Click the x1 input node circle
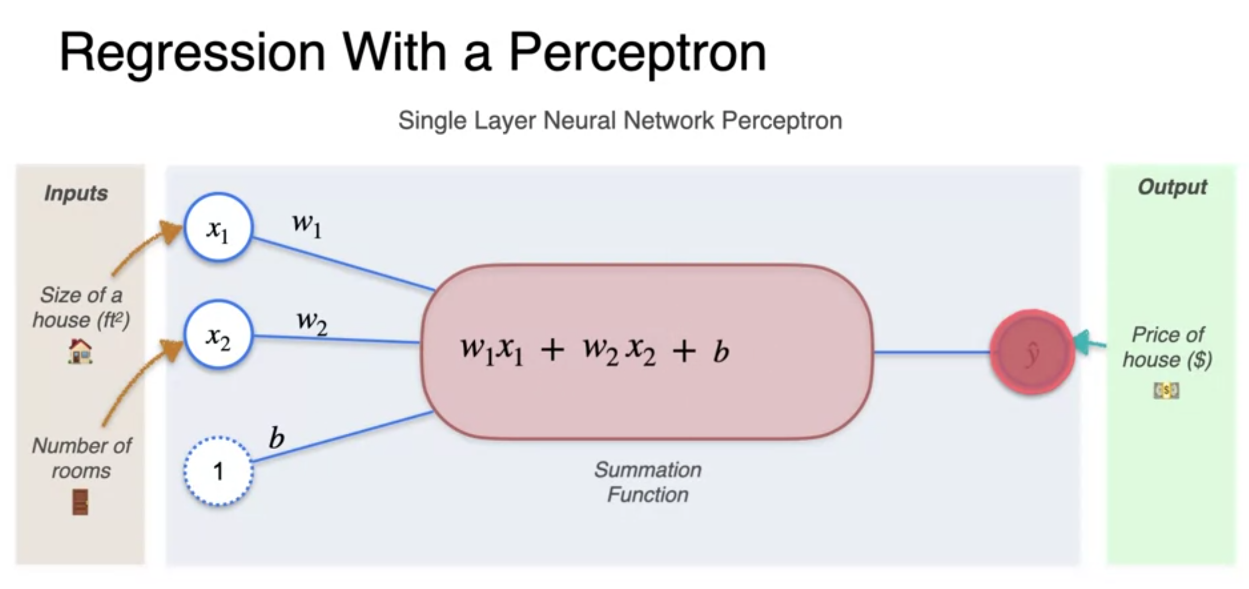[x=218, y=228]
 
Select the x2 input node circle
[x=218, y=335]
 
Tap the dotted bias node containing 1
[x=218, y=471]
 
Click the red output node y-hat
[x=1032, y=352]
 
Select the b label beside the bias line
[x=276, y=438]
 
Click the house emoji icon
[x=80, y=351]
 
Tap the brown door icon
[x=80, y=502]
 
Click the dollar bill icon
[x=1166, y=390]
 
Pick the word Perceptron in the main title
[x=637, y=53]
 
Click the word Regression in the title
[x=192, y=53]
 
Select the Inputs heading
[x=76, y=193]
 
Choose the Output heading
[x=1172, y=187]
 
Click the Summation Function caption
[x=647, y=482]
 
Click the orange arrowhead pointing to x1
[x=171, y=233]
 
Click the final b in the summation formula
[x=721, y=351]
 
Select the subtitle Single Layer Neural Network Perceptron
[x=620, y=121]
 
